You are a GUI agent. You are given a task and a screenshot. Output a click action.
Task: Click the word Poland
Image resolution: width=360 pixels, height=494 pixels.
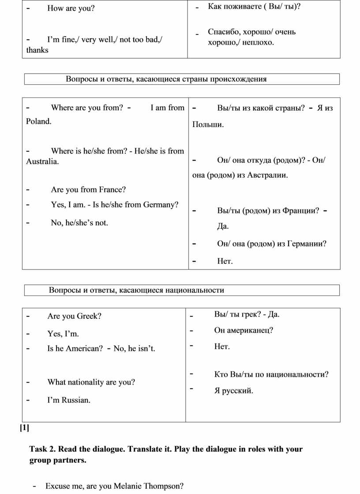pos(38,121)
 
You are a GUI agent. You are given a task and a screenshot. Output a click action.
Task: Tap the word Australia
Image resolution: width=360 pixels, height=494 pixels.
pos(41,162)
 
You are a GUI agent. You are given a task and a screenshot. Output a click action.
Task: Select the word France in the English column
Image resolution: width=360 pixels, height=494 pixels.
pos(111,190)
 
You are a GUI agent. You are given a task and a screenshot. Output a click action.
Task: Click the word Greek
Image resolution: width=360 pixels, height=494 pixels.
pos(88,316)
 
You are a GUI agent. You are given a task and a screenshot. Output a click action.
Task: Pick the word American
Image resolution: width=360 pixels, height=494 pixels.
pos(84,349)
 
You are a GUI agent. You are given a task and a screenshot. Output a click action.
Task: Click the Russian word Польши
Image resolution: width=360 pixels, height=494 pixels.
pos(207,125)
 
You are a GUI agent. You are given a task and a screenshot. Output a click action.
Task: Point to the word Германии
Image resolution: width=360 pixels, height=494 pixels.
pos(306,243)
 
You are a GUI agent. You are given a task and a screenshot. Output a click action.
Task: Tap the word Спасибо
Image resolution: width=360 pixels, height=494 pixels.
pos(224,32)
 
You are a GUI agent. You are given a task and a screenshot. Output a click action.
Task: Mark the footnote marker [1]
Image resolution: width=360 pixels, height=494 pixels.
pos(24,427)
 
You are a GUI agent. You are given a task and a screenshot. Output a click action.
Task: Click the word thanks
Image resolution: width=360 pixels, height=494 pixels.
pos(37,50)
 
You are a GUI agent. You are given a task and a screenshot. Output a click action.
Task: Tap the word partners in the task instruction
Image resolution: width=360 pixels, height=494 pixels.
pos(69,461)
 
